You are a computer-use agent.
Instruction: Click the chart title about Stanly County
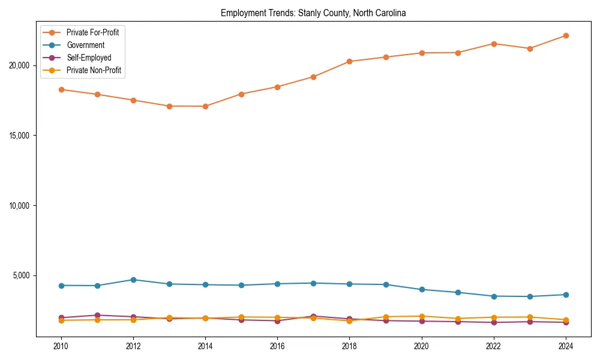click(313, 13)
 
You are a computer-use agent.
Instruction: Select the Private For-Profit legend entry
click(92, 32)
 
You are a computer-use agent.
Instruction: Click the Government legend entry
click(85, 45)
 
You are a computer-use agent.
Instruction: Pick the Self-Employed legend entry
click(89, 58)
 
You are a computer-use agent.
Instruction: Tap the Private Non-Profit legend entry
click(94, 70)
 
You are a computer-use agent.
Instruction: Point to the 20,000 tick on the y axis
click(22, 65)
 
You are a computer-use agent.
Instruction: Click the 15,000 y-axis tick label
click(22, 136)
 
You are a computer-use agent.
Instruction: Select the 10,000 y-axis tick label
click(22, 206)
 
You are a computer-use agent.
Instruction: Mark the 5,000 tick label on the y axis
click(23, 276)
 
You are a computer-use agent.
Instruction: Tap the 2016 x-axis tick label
click(277, 346)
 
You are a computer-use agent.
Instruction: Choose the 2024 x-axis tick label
click(566, 346)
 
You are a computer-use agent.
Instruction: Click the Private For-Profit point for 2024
click(566, 36)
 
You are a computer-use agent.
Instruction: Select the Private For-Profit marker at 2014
click(205, 106)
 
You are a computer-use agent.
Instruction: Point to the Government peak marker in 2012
click(133, 280)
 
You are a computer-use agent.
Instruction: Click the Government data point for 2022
click(494, 296)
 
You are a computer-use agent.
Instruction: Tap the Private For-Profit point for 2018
click(349, 61)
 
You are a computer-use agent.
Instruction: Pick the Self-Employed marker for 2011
click(97, 315)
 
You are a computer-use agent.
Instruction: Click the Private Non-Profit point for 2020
click(422, 316)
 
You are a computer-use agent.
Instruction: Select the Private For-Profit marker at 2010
click(61, 89)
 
